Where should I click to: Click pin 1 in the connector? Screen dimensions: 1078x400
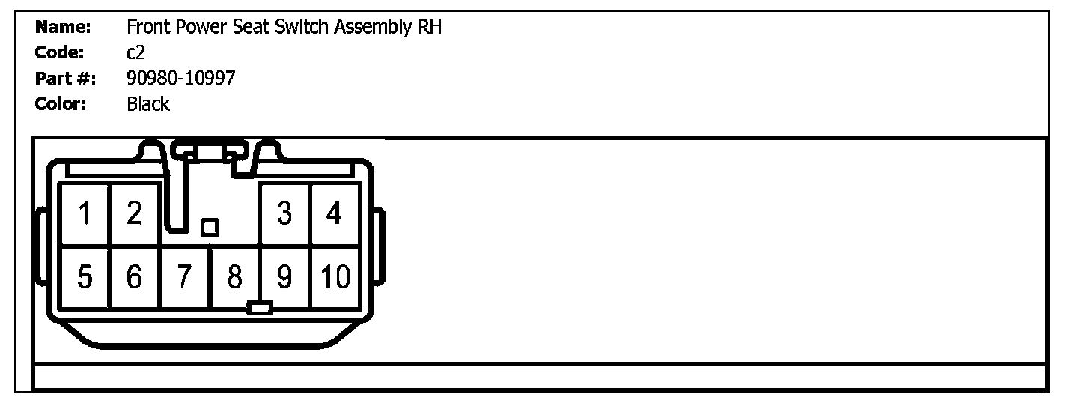(85, 214)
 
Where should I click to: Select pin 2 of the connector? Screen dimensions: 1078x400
(134, 214)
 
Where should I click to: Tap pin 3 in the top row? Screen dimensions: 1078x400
(284, 214)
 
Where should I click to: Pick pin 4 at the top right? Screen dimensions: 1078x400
(334, 214)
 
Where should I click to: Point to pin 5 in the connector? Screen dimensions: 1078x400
(85, 278)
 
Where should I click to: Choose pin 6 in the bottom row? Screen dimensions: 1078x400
(134, 278)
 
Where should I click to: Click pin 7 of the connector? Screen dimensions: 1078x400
(184, 278)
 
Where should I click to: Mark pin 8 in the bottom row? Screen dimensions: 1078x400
(234, 278)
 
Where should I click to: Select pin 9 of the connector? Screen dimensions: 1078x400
(284, 278)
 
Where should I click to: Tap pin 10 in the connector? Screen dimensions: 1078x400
(335, 278)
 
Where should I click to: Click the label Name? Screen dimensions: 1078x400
(64, 28)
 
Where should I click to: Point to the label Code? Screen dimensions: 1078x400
(61, 52)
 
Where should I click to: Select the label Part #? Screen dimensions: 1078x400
(66, 78)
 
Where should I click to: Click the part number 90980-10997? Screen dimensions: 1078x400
(181, 78)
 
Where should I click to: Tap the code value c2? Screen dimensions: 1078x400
(135, 52)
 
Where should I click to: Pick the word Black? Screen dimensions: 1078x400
(148, 104)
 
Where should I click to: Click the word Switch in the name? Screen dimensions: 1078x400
(302, 28)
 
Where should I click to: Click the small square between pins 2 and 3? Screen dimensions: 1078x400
(210, 227)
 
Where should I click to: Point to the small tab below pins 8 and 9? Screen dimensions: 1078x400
(260, 307)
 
